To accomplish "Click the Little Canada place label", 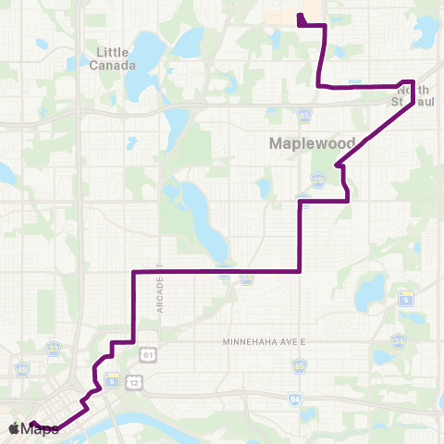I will click(x=115, y=59).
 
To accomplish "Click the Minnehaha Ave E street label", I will click(x=264, y=342).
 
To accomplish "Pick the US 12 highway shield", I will click(x=136, y=382).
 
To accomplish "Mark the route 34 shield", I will click(x=399, y=341).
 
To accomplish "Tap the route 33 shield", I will click(x=54, y=348).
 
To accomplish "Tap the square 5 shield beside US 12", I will click(x=112, y=379).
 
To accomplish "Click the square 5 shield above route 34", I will click(x=406, y=298).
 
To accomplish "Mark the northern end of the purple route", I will click(x=299, y=17).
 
